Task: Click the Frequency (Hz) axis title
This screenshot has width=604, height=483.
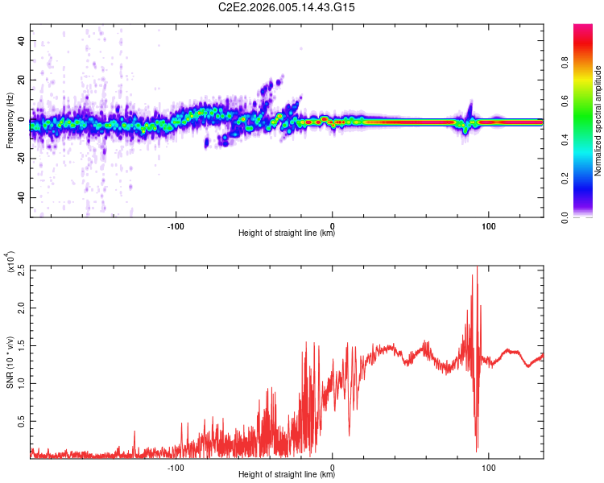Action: click(10, 120)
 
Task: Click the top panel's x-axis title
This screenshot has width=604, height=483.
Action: click(287, 233)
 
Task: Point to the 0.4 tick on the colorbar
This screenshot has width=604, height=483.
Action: click(588, 139)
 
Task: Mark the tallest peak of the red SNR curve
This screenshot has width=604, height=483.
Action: click(477, 268)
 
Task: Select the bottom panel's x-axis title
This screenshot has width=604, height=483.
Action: click(287, 475)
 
